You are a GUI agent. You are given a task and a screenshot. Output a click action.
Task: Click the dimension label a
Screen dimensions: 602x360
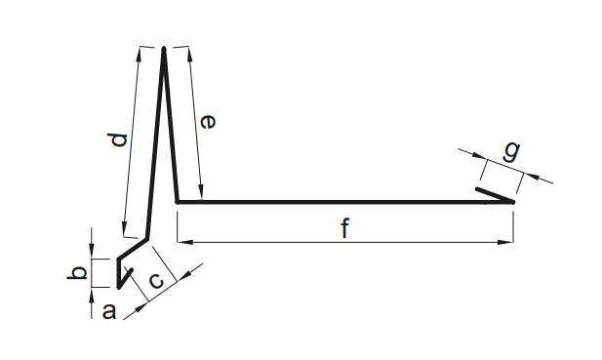click(109, 311)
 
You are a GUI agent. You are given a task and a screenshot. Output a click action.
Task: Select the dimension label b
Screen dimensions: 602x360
click(77, 273)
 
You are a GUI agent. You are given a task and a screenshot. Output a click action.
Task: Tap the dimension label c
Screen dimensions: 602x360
click(157, 281)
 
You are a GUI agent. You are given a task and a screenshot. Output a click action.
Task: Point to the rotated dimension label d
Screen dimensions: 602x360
click(117, 140)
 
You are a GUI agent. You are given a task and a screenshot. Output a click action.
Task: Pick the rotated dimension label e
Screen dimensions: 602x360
click(208, 122)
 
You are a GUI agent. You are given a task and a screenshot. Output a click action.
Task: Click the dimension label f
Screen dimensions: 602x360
click(345, 227)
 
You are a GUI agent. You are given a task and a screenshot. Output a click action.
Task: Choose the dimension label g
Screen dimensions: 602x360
click(512, 151)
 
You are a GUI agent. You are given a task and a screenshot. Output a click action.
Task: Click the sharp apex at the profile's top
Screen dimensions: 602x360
click(164, 48)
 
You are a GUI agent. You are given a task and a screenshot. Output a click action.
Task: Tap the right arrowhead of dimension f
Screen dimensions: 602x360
click(505, 242)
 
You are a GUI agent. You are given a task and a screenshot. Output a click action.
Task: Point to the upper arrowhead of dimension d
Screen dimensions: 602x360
click(139, 55)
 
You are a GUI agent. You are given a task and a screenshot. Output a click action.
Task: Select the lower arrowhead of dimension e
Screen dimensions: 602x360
click(200, 192)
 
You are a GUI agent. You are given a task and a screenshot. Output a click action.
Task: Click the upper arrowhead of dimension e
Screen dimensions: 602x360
click(189, 55)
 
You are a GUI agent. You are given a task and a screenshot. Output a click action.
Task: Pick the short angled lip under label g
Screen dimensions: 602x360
click(495, 195)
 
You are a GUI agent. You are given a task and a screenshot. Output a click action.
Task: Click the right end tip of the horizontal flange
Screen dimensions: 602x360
click(513, 202)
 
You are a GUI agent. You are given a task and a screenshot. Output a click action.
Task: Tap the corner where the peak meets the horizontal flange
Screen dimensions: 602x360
click(178, 202)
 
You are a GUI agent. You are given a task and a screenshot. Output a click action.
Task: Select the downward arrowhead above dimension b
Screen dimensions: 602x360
click(92, 252)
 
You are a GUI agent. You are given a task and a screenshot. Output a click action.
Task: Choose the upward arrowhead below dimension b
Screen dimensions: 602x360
click(92, 295)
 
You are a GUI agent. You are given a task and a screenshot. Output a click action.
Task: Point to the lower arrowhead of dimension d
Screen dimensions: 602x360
click(124, 229)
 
